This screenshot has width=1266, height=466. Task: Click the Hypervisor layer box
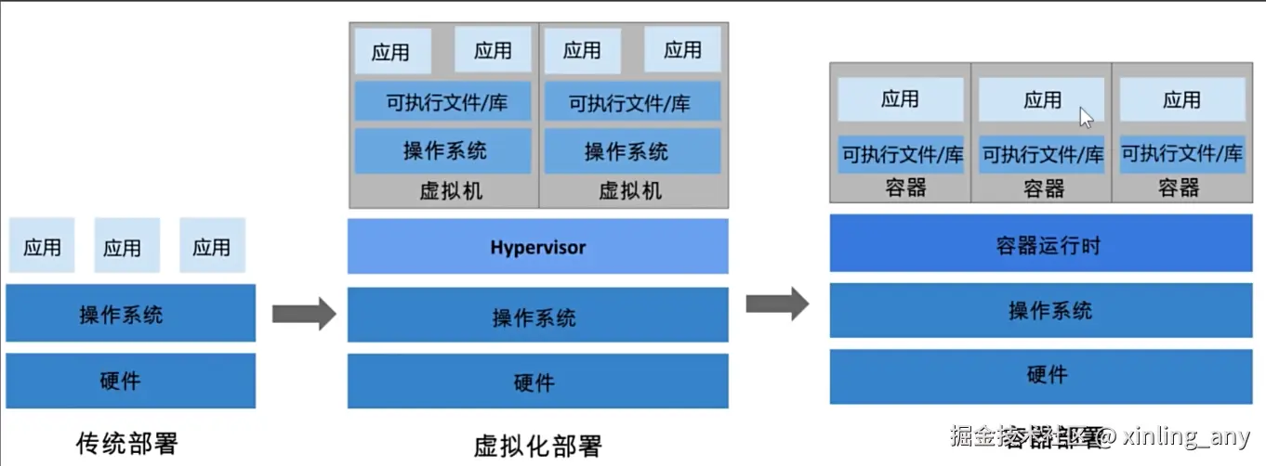537,247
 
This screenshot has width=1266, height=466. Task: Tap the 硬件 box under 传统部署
130,381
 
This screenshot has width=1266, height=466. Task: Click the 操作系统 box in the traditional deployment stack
130,314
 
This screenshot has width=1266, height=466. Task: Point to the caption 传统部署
126,443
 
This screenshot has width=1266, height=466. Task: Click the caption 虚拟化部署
537,446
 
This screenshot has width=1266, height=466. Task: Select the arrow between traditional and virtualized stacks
303,314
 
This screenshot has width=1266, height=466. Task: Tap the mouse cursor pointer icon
1086,117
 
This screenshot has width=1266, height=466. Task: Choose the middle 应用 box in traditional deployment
126,247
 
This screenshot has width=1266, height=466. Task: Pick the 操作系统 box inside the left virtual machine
443,150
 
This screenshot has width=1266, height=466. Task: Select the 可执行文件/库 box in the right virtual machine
631,102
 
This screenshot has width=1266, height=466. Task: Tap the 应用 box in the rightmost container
1181,99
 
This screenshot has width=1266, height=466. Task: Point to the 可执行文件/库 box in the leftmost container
901,155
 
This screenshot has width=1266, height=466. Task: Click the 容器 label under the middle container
1043,188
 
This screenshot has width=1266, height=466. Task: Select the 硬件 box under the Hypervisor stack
537,382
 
